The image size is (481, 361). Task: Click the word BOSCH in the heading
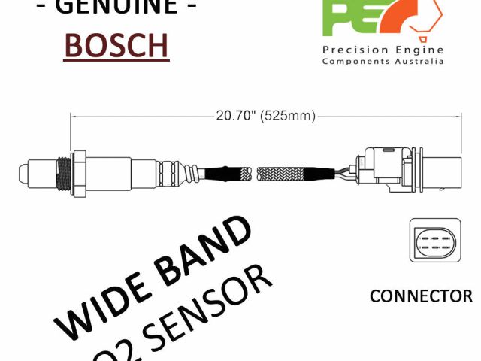pyautogui.click(x=116, y=44)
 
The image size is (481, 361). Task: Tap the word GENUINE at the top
pyautogui.click(x=116, y=6)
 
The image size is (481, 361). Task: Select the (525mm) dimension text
pyautogui.click(x=289, y=116)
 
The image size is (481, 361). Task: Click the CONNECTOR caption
pyautogui.click(x=421, y=296)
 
